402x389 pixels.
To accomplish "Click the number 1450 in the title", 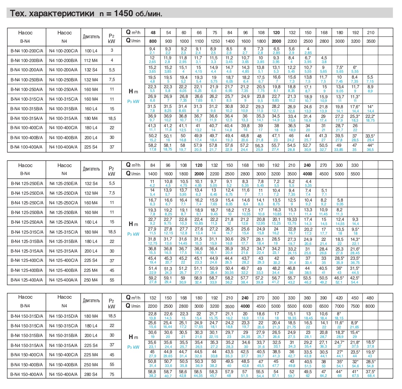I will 121,13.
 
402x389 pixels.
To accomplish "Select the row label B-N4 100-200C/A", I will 27,51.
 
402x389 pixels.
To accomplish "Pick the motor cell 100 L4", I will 91,51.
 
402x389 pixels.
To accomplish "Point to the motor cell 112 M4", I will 91,60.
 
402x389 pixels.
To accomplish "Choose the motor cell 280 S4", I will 91,374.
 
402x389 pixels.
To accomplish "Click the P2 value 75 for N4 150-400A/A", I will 112,374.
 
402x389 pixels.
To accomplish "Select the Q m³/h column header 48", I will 153,33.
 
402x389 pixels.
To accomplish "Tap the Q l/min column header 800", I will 153,41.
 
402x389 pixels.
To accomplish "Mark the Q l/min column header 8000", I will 370,306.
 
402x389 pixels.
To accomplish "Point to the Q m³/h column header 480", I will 370,298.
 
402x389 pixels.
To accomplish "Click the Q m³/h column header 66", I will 199,33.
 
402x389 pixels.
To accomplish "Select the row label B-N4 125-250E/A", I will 27,183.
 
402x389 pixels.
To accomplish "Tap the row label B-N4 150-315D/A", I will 27,316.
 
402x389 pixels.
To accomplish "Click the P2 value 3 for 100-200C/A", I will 112,50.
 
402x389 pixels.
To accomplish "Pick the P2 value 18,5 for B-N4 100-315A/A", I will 112,118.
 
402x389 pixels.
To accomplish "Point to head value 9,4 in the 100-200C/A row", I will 152,49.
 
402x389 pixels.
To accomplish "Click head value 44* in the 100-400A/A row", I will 370,146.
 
